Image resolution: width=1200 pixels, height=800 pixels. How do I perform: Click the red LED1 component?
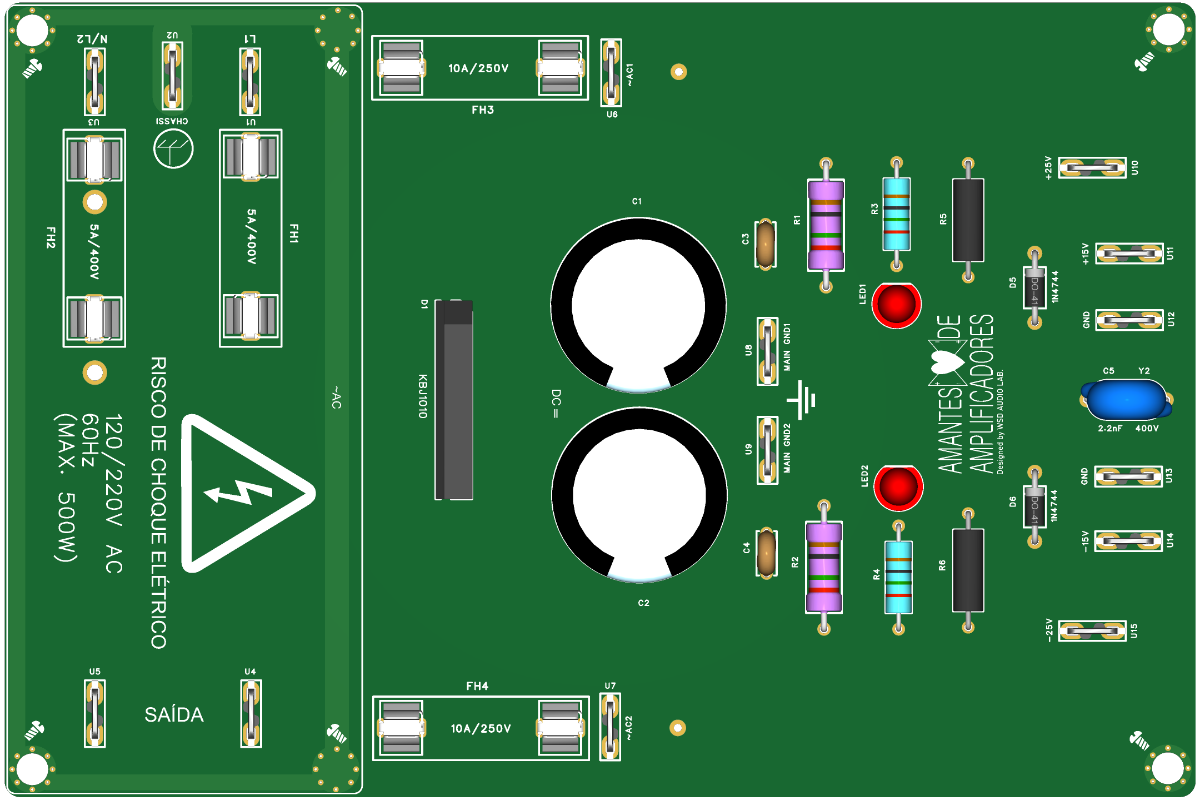[x=896, y=305]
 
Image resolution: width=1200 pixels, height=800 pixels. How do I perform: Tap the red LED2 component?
[x=898, y=487]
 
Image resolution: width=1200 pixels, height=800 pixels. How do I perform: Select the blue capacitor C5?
[x=1126, y=400]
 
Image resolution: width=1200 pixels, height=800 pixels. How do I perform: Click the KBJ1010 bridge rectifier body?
[x=454, y=400]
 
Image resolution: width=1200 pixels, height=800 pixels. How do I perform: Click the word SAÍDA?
[x=174, y=715]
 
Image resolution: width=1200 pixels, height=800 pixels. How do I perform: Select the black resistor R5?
[x=968, y=220]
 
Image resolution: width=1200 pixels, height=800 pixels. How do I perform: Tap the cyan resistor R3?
[x=896, y=214]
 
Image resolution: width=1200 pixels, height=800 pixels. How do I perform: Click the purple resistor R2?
[x=824, y=567]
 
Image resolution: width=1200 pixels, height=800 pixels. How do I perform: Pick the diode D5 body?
[x=1034, y=287]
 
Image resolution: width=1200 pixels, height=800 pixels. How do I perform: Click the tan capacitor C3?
[x=765, y=244]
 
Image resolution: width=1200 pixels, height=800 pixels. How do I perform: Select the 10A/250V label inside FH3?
[x=478, y=68]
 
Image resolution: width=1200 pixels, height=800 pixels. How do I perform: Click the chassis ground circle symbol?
[x=173, y=148]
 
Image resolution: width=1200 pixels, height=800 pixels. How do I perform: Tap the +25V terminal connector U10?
[x=1092, y=167]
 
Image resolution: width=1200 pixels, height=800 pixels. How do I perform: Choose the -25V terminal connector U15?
[x=1092, y=631]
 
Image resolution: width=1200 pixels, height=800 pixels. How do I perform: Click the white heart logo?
[x=947, y=362]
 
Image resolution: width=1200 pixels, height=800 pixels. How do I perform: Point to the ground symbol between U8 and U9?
[x=801, y=400]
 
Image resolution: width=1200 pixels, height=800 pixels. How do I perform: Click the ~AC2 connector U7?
[x=610, y=727]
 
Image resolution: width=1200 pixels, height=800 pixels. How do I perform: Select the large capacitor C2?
[x=639, y=495]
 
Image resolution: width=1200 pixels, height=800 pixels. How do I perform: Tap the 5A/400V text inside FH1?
[x=251, y=236]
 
